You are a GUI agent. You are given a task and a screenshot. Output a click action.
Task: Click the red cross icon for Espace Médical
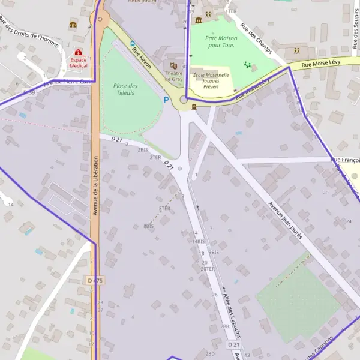pyautogui.click(x=79, y=53)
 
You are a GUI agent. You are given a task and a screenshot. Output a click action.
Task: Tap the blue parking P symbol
pyautogui.click(x=166, y=100)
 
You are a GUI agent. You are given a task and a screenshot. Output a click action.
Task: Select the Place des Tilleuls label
pyautogui.click(x=125, y=89)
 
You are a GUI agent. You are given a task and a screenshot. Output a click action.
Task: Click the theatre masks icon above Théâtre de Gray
pyautogui.click(x=174, y=65)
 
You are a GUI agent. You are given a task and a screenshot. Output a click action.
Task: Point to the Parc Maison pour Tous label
pyautogui.click(x=221, y=41)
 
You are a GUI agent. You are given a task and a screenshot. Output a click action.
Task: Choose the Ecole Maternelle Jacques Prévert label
pyautogui.click(x=211, y=80)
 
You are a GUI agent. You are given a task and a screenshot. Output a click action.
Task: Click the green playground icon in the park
pyautogui.click(x=247, y=64)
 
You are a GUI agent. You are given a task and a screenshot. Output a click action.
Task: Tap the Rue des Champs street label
pyautogui.click(x=256, y=38)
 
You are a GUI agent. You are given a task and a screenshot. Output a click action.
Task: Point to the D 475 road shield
pyautogui.click(x=95, y=280)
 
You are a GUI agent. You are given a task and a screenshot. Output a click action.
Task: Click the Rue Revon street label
pyautogui.click(x=142, y=56)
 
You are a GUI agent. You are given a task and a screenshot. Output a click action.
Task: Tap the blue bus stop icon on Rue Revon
pyautogui.click(x=133, y=43)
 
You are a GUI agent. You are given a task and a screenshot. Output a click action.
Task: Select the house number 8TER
pyautogui.click(x=164, y=208)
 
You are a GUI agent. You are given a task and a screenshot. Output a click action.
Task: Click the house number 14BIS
pyautogui.click(x=199, y=241)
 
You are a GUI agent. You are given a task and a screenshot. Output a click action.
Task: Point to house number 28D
pyautogui.click(x=210, y=354)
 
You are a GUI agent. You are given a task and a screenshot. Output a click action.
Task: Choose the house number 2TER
pyautogui.click(x=155, y=157)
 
